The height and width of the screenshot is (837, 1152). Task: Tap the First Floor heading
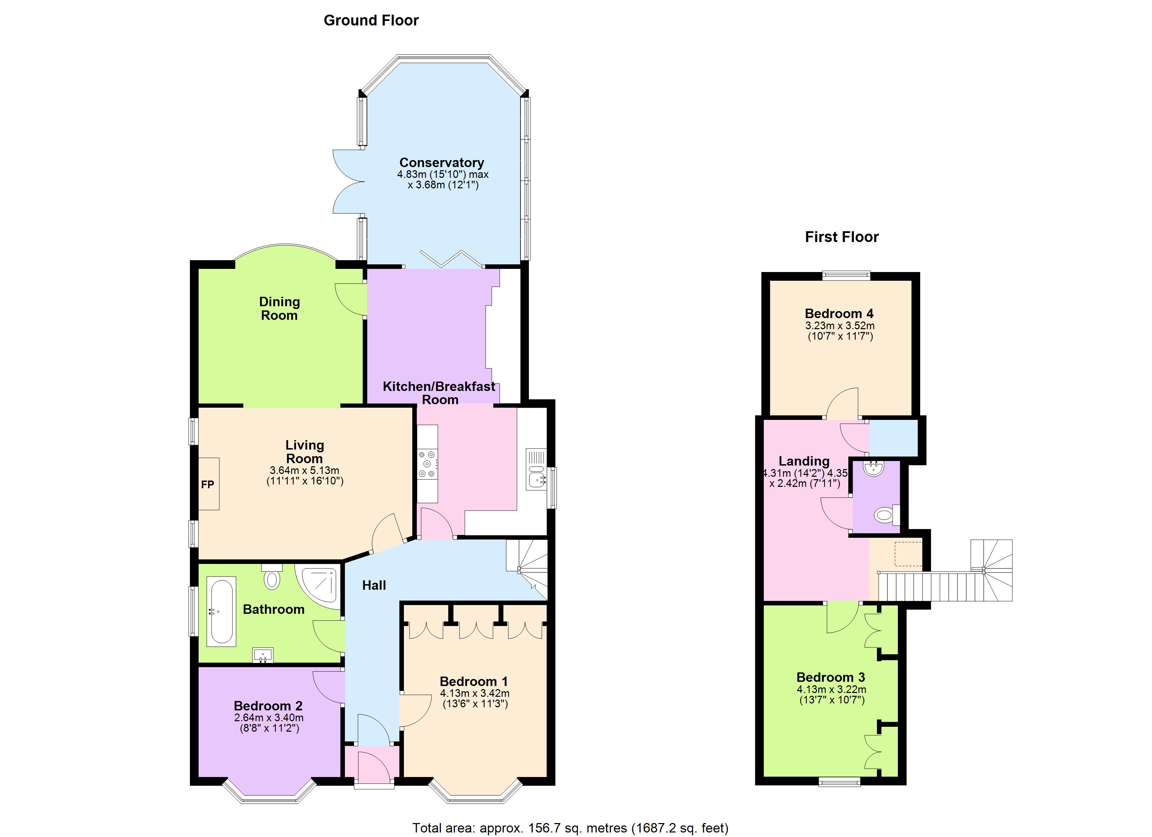(x=842, y=237)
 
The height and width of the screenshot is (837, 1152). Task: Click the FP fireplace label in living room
(x=207, y=485)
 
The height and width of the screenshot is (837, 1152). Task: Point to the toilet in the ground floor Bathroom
(x=272, y=577)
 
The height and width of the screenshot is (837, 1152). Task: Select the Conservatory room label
(x=441, y=163)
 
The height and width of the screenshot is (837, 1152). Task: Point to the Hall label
(x=374, y=585)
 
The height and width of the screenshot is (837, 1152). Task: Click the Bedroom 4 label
(x=839, y=314)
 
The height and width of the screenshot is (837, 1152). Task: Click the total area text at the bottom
(x=570, y=828)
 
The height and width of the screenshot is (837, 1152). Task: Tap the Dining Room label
(x=279, y=309)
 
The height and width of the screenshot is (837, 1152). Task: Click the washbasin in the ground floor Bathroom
(x=263, y=655)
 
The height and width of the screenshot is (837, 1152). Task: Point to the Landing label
(x=804, y=461)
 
